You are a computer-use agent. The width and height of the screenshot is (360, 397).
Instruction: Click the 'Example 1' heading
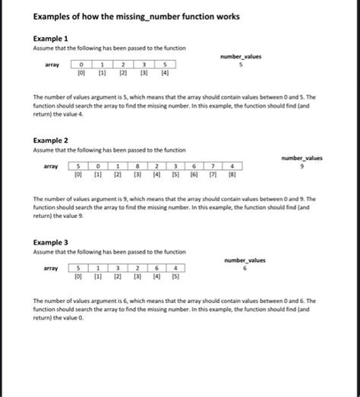(x=51, y=38)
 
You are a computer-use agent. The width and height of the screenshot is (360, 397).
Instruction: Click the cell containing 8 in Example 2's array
(x=137, y=165)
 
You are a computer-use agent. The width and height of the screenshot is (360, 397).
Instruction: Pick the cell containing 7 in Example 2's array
(x=213, y=165)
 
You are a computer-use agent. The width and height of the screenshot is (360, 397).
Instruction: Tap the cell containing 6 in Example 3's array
(x=156, y=268)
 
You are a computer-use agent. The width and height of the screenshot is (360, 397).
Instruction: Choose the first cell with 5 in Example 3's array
(x=78, y=268)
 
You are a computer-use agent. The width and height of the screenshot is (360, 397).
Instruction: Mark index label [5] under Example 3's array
(x=175, y=278)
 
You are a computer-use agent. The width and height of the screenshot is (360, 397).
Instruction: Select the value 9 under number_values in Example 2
(x=302, y=165)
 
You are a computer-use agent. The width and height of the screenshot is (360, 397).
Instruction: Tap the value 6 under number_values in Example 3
(x=245, y=267)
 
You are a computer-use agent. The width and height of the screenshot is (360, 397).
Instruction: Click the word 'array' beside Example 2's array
(x=52, y=165)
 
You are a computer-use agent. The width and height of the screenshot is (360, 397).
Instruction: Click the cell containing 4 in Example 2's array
(x=232, y=165)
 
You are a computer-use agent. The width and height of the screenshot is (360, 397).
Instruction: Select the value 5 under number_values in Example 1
(x=240, y=65)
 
